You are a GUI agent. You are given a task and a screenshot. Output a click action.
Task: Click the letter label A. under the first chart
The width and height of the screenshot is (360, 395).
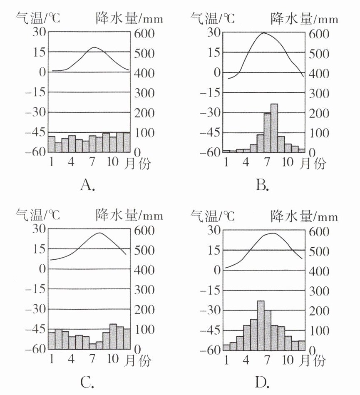[87, 185]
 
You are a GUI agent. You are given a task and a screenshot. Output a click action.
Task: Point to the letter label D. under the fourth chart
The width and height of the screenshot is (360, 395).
[262, 382]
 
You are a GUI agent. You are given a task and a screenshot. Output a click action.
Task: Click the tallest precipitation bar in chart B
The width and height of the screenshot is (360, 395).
[274, 128]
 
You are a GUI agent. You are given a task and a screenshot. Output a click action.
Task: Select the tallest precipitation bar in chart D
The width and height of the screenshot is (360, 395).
[261, 325]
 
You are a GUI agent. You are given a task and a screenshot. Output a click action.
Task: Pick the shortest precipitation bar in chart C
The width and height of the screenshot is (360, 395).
[92, 346]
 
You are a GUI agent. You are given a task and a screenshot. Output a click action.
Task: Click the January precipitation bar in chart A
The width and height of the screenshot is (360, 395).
[52, 144]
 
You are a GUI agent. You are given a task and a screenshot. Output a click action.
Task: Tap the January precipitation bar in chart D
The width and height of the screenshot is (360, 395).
[226, 347]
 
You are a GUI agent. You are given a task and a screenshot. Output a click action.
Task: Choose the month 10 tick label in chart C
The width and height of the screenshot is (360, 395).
[113, 358]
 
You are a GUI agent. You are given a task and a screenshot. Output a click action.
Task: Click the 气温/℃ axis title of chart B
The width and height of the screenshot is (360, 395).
[212, 17]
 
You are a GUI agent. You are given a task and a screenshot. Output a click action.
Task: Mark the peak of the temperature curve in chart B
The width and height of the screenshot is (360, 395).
[263, 33]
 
